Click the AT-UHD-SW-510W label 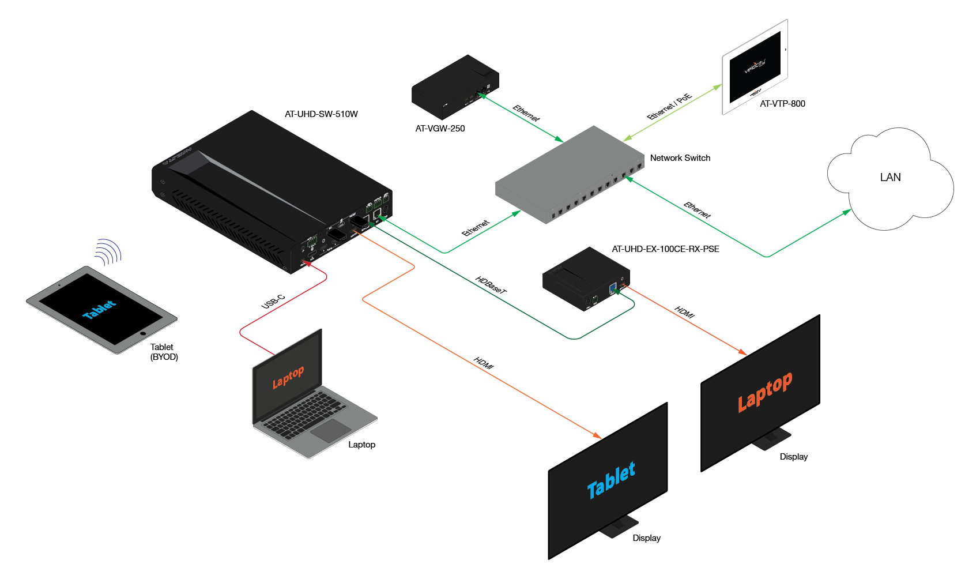coord(321,114)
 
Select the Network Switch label coord(680,158)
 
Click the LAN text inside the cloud coord(890,178)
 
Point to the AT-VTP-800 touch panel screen coord(755,67)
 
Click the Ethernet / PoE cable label coord(669,107)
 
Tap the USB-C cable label coord(273,302)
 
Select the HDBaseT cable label coord(491,285)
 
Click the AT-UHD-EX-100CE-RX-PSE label coord(665,249)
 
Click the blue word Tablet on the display coord(611,480)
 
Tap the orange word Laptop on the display coord(765,392)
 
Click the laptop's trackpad coord(330,430)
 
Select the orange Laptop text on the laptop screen coord(288,377)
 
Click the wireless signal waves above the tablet coord(109,252)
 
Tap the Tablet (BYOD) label coord(164,352)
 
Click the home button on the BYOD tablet coord(143,333)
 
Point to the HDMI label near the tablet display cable coord(484,363)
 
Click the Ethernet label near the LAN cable coord(697,210)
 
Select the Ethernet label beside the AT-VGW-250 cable coord(526,113)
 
